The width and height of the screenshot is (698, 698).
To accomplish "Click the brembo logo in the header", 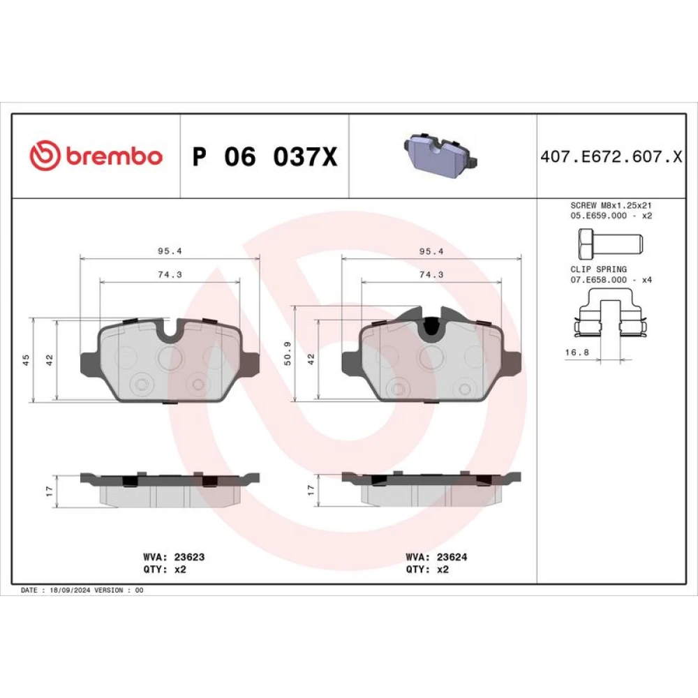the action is coord(96,156).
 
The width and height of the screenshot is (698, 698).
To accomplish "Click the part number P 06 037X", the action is coord(265,156).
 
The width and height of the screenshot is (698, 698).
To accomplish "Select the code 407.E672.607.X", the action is coord(611,156).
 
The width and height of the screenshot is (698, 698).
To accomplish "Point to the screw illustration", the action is coord(610,244).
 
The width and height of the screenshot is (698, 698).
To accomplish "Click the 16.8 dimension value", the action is coord(577,352).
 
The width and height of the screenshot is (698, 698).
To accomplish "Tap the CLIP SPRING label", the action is coord(598,269).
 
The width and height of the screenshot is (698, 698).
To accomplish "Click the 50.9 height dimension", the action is coord(288,353).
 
